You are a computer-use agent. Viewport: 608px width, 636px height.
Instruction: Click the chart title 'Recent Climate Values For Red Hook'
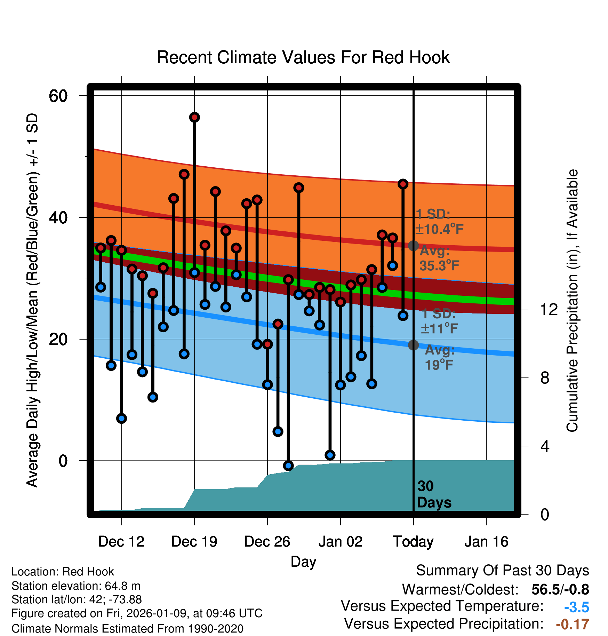303,57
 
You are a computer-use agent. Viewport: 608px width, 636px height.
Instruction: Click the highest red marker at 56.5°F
194,117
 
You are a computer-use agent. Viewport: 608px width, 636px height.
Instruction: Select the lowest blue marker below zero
288,466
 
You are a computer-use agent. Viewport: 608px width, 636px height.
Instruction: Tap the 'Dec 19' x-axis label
194,542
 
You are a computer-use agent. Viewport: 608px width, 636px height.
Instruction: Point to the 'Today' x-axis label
413,542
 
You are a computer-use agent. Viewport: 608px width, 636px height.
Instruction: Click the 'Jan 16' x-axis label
486,542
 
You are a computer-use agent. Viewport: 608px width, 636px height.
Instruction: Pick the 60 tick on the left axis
58,96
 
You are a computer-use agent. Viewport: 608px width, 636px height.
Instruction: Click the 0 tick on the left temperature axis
63,461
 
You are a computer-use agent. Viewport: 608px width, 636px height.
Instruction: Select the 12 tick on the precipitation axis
549,309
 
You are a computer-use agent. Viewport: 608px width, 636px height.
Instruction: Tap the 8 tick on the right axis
545,377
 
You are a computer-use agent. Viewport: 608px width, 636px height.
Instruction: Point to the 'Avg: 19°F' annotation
439,357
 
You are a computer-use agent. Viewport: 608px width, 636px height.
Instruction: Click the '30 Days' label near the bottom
433,494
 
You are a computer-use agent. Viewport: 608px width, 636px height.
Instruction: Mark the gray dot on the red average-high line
413,246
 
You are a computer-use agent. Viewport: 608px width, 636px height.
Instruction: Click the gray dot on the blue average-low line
413,345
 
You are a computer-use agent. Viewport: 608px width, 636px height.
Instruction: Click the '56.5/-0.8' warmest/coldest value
560,590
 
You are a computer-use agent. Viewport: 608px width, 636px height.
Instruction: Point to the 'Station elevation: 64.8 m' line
76,586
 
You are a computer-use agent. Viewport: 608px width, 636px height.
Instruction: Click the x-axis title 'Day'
303,562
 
